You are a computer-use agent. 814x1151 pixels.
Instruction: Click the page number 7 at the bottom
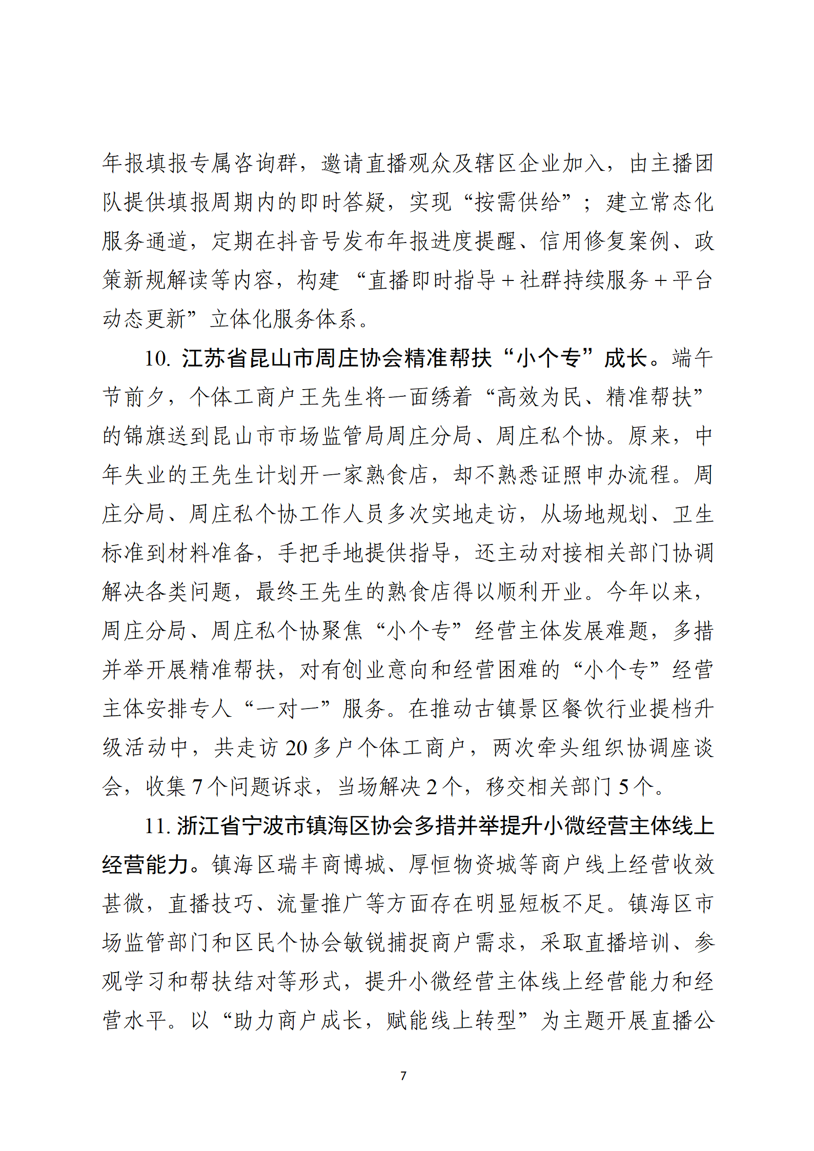[x=403, y=1076]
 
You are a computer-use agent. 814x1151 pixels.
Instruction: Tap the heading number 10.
[x=157, y=358]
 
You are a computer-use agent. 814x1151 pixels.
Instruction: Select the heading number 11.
[x=157, y=826]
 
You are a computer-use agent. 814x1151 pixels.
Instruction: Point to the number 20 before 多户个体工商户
[x=296, y=748]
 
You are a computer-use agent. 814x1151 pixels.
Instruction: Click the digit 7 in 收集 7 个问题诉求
[x=197, y=787]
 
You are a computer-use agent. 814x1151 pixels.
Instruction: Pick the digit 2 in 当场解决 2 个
[x=432, y=787]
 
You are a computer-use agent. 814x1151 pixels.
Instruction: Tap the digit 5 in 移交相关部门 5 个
[x=623, y=787]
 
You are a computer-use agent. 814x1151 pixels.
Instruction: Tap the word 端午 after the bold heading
[x=692, y=358]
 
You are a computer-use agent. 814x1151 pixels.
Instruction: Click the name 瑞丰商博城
[x=332, y=865]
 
